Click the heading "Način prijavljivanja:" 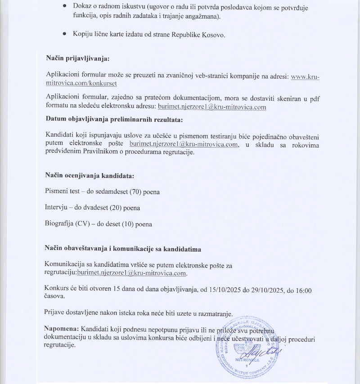click(x=78, y=58)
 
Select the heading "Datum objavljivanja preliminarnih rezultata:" click(x=114, y=119)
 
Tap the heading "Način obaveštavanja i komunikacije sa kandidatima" click(x=122, y=249)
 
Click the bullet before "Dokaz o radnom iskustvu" click(x=65, y=8)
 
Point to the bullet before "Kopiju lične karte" click(x=65, y=34)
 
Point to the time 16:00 click(x=302, y=290)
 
